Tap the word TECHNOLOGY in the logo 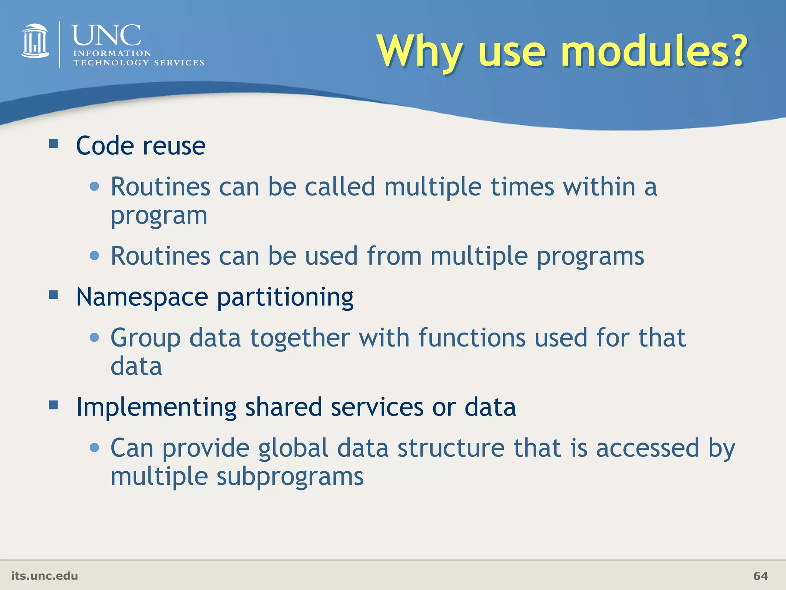tap(111, 63)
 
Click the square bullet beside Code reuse tap(53, 144)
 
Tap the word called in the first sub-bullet tap(340, 187)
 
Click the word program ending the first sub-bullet tap(159, 216)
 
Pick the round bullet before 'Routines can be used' tap(94, 255)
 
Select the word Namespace tap(142, 297)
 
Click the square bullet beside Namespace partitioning tap(53, 295)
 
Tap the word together tap(300, 338)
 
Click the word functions tap(472, 338)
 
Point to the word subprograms tap(290, 477)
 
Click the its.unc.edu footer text tap(45, 576)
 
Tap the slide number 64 tap(760, 576)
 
